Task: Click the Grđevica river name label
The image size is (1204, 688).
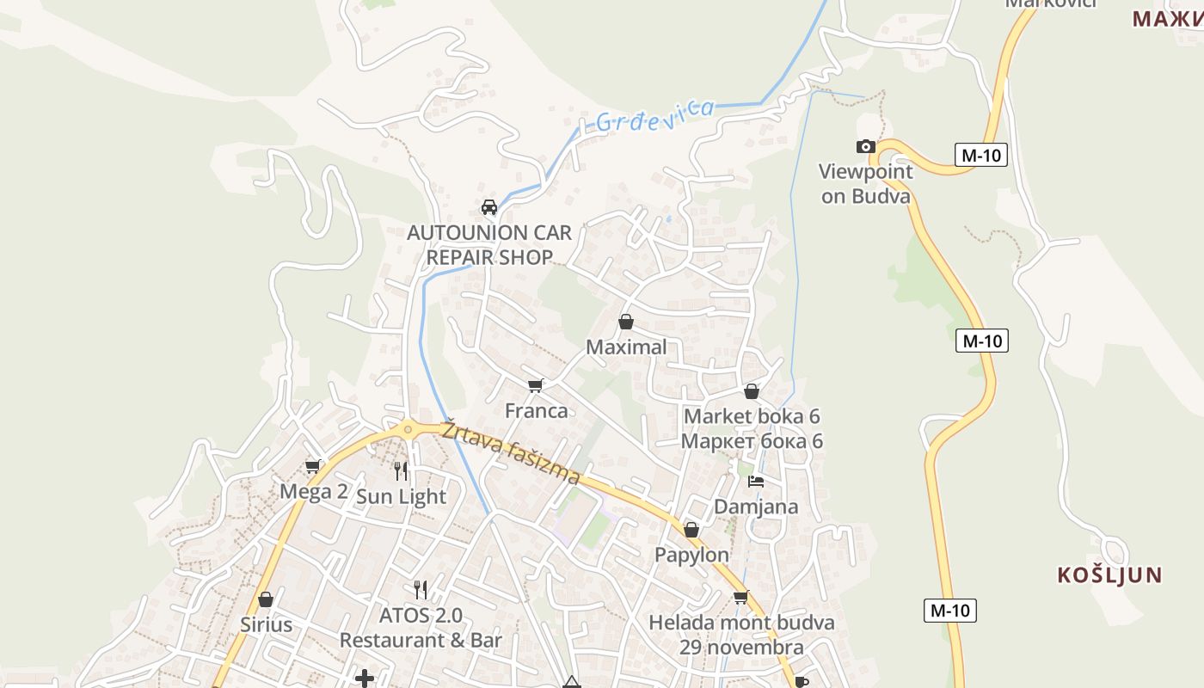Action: [655, 116]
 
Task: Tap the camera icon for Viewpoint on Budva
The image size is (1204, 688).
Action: [866, 146]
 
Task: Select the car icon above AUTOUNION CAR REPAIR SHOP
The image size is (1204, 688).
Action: [489, 207]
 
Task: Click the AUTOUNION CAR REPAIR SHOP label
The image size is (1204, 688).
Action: [489, 245]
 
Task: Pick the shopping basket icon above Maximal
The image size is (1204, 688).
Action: [626, 322]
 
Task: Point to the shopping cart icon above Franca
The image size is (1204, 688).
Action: [536, 385]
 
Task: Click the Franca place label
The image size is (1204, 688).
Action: [537, 411]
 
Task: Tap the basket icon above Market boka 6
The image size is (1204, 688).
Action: [752, 392]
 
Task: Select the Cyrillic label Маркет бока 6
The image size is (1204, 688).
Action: [752, 441]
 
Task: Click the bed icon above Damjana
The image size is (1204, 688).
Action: [756, 481]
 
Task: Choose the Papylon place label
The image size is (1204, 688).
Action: [691, 555]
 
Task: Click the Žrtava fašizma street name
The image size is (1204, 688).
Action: [511, 452]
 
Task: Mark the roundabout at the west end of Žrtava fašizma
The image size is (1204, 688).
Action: [408, 428]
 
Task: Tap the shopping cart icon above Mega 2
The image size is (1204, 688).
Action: [313, 466]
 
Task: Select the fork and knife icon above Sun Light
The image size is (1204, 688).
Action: [401, 470]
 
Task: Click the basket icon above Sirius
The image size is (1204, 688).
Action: [266, 599]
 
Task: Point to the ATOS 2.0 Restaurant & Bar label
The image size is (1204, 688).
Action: [421, 628]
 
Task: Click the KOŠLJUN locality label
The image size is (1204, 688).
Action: [1109, 575]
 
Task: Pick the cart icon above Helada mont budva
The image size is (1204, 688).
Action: [740, 597]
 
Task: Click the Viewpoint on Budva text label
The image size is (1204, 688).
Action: [865, 183]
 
